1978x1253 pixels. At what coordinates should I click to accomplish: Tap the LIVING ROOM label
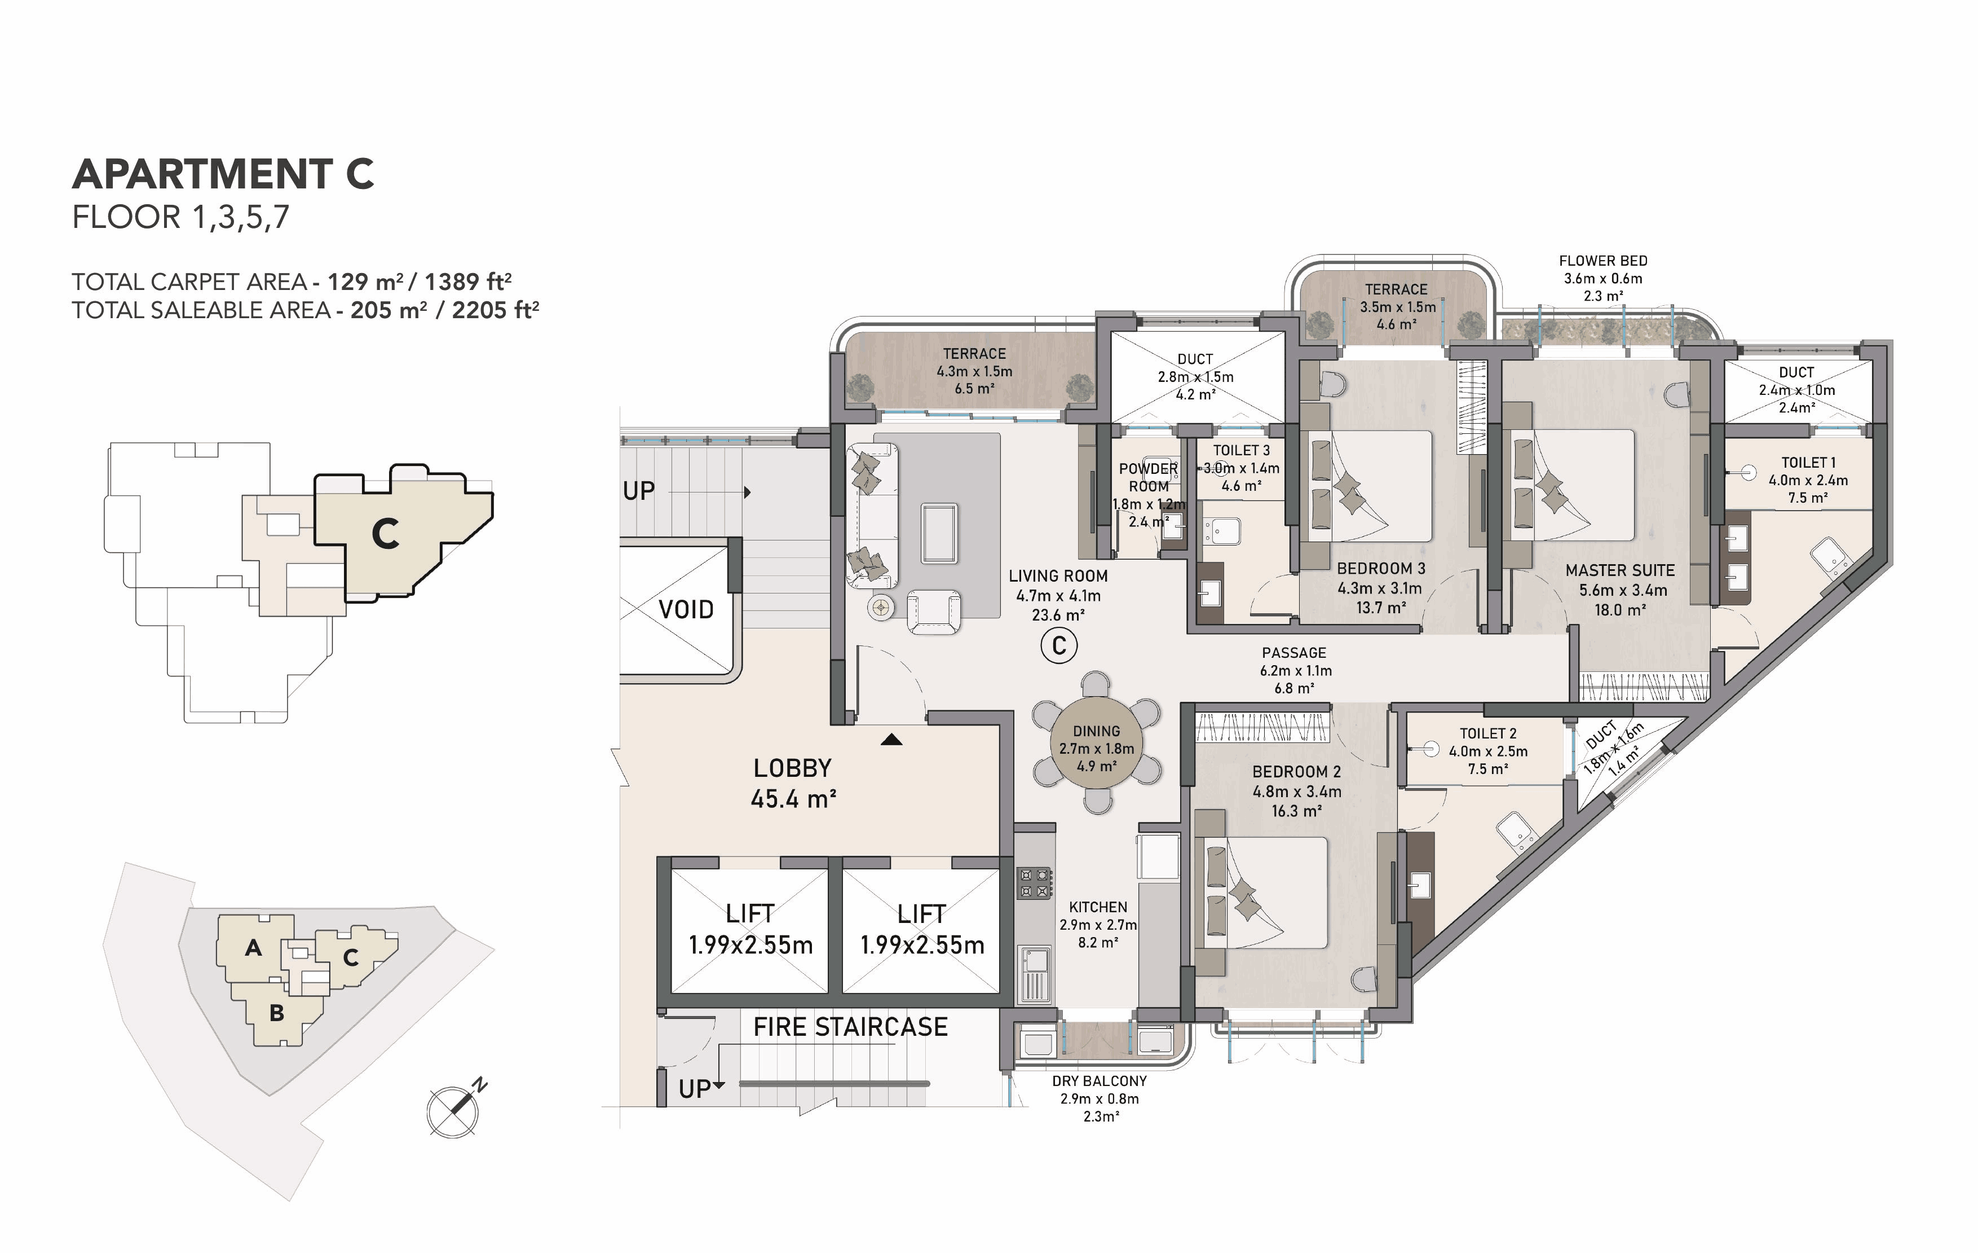coord(1058,576)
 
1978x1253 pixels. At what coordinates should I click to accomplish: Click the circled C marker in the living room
coord(1059,646)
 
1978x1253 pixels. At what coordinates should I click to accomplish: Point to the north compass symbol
coord(454,1109)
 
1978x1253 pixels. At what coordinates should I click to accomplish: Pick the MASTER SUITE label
coord(1620,570)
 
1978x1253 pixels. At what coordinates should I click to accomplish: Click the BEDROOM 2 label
coord(1296,772)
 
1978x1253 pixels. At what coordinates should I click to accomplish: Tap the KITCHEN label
coord(1098,907)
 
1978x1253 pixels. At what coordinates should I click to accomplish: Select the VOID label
coord(686,610)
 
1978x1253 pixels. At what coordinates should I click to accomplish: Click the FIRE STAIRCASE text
coord(850,1026)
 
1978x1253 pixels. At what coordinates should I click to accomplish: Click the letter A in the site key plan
coord(254,948)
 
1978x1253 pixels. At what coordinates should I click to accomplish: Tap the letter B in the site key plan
coord(277,1013)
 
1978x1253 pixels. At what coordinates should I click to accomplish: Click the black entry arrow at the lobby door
coord(891,740)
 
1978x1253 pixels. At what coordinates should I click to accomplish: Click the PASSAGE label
coord(1293,652)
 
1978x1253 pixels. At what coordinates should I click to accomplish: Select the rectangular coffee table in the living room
coord(939,534)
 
